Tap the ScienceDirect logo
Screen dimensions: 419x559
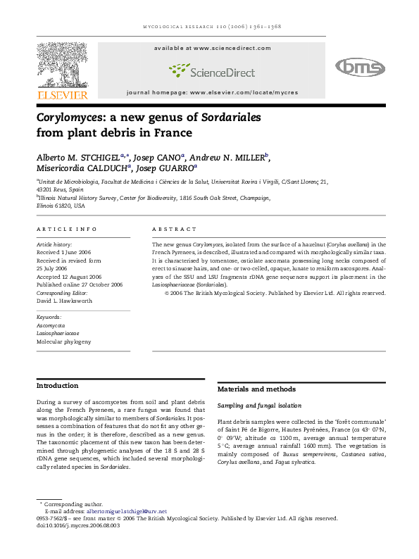click(212, 70)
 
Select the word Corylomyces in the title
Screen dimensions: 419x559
click(73, 118)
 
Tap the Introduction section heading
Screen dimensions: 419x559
click(58, 386)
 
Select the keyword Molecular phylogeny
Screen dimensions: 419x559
click(64, 341)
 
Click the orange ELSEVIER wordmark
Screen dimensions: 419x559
click(63, 95)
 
